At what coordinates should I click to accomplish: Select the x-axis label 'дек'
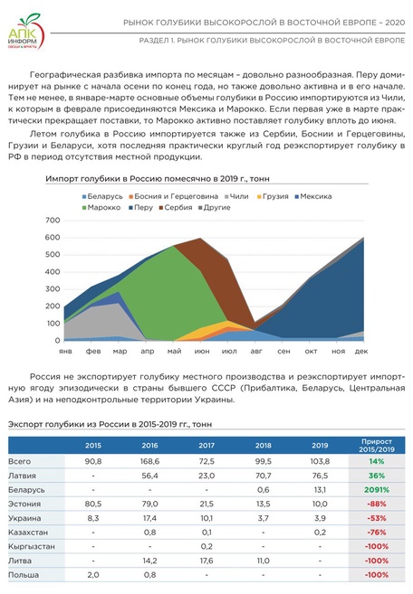[x=360, y=350]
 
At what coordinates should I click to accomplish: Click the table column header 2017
[x=206, y=445]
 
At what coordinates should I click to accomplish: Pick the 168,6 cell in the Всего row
[x=149, y=462]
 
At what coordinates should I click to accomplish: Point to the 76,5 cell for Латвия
[x=319, y=476]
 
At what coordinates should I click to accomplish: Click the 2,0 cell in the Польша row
[x=93, y=574]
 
